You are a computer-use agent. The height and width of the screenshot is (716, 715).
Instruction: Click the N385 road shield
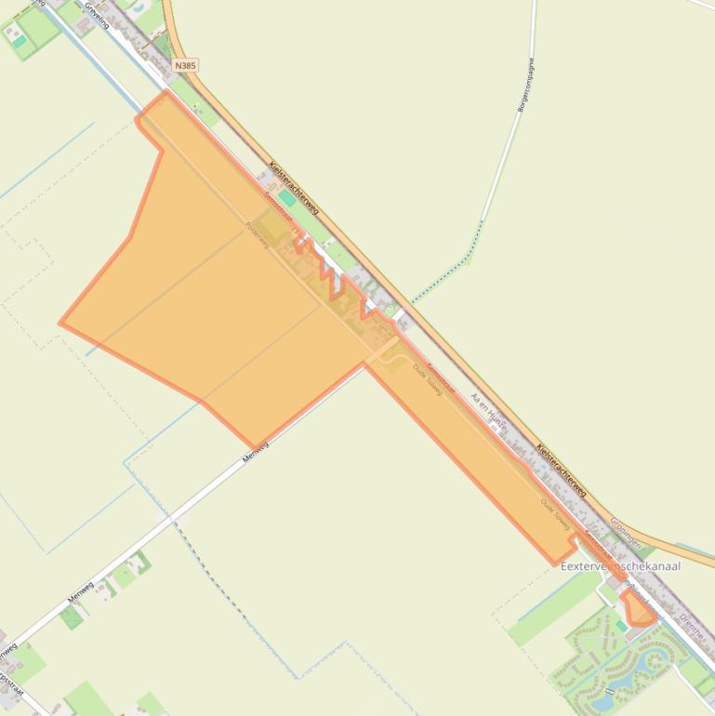[x=185, y=66]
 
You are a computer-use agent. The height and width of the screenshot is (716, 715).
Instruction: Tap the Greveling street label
[x=96, y=15]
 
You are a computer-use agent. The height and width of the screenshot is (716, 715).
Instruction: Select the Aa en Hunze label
[x=488, y=411]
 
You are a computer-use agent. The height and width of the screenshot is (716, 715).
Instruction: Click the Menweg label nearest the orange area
[x=255, y=453]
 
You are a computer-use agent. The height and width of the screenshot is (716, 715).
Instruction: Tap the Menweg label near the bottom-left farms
[x=80, y=590]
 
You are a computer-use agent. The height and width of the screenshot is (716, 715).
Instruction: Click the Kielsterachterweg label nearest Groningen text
[x=562, y=470]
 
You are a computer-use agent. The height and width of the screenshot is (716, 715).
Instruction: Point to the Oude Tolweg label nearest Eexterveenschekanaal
[x=556, y=514]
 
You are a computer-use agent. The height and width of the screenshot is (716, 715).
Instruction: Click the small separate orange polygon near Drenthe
[x=639, y=608]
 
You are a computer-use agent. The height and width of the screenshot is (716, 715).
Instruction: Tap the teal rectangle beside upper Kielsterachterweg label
[x=288, y=198]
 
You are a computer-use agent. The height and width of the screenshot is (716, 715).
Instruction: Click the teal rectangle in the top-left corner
[x=18, y=40]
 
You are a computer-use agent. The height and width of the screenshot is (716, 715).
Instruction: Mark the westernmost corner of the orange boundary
[x=60, y=324]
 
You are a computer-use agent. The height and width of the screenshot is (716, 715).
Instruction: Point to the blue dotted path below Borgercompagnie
[x=446, y=270]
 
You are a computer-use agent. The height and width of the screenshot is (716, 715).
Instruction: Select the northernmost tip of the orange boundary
[x=166, y=91]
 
